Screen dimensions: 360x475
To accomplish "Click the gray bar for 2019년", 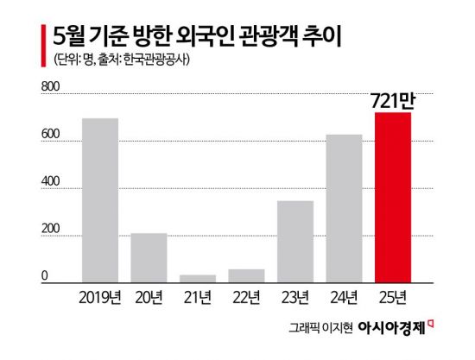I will tap(100, 199).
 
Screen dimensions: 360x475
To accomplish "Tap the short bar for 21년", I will tap(198, 278).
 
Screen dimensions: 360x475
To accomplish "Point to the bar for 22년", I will tap(246, 275).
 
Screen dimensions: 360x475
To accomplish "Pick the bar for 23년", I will tap(295, 241).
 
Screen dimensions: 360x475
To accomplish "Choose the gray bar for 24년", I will tap(344, 208).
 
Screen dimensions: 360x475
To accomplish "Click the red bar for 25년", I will tap(393, 197).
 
